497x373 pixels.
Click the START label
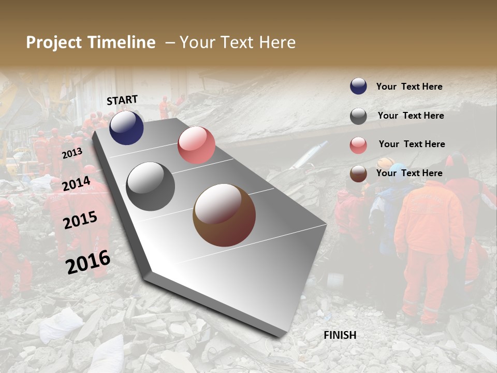pos(122,100)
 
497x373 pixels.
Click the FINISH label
pos(340,335)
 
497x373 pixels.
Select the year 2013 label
pos(72,153)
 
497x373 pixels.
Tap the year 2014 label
pos(76,184)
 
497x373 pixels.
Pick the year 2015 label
pos(80,220)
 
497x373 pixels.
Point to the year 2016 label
pos(88,262)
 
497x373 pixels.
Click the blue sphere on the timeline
pos(126,127)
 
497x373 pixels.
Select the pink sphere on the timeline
pos(196,145)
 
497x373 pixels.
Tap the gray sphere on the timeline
pos(150,187)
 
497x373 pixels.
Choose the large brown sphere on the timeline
pos(224,215)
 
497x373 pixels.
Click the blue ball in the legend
pos(358,87)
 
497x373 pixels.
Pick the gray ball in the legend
pos(358,116)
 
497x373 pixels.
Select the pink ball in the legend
pos(358,145)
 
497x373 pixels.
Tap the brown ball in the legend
pos(358,174)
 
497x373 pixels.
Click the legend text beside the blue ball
pos(409,87)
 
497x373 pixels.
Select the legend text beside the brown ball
pos(409,173)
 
